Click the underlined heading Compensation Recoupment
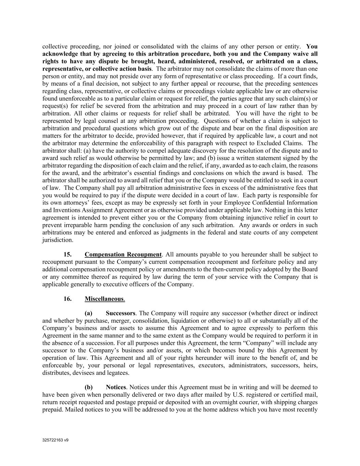click(x=123, y=254)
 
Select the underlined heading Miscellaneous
click(x=104, y=299)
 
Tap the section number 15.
click(x=68, y=254)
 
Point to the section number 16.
click(x=68, y=299)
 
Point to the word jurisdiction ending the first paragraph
click(x=57, y=240)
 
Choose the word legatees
click(x=118, y=372)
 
